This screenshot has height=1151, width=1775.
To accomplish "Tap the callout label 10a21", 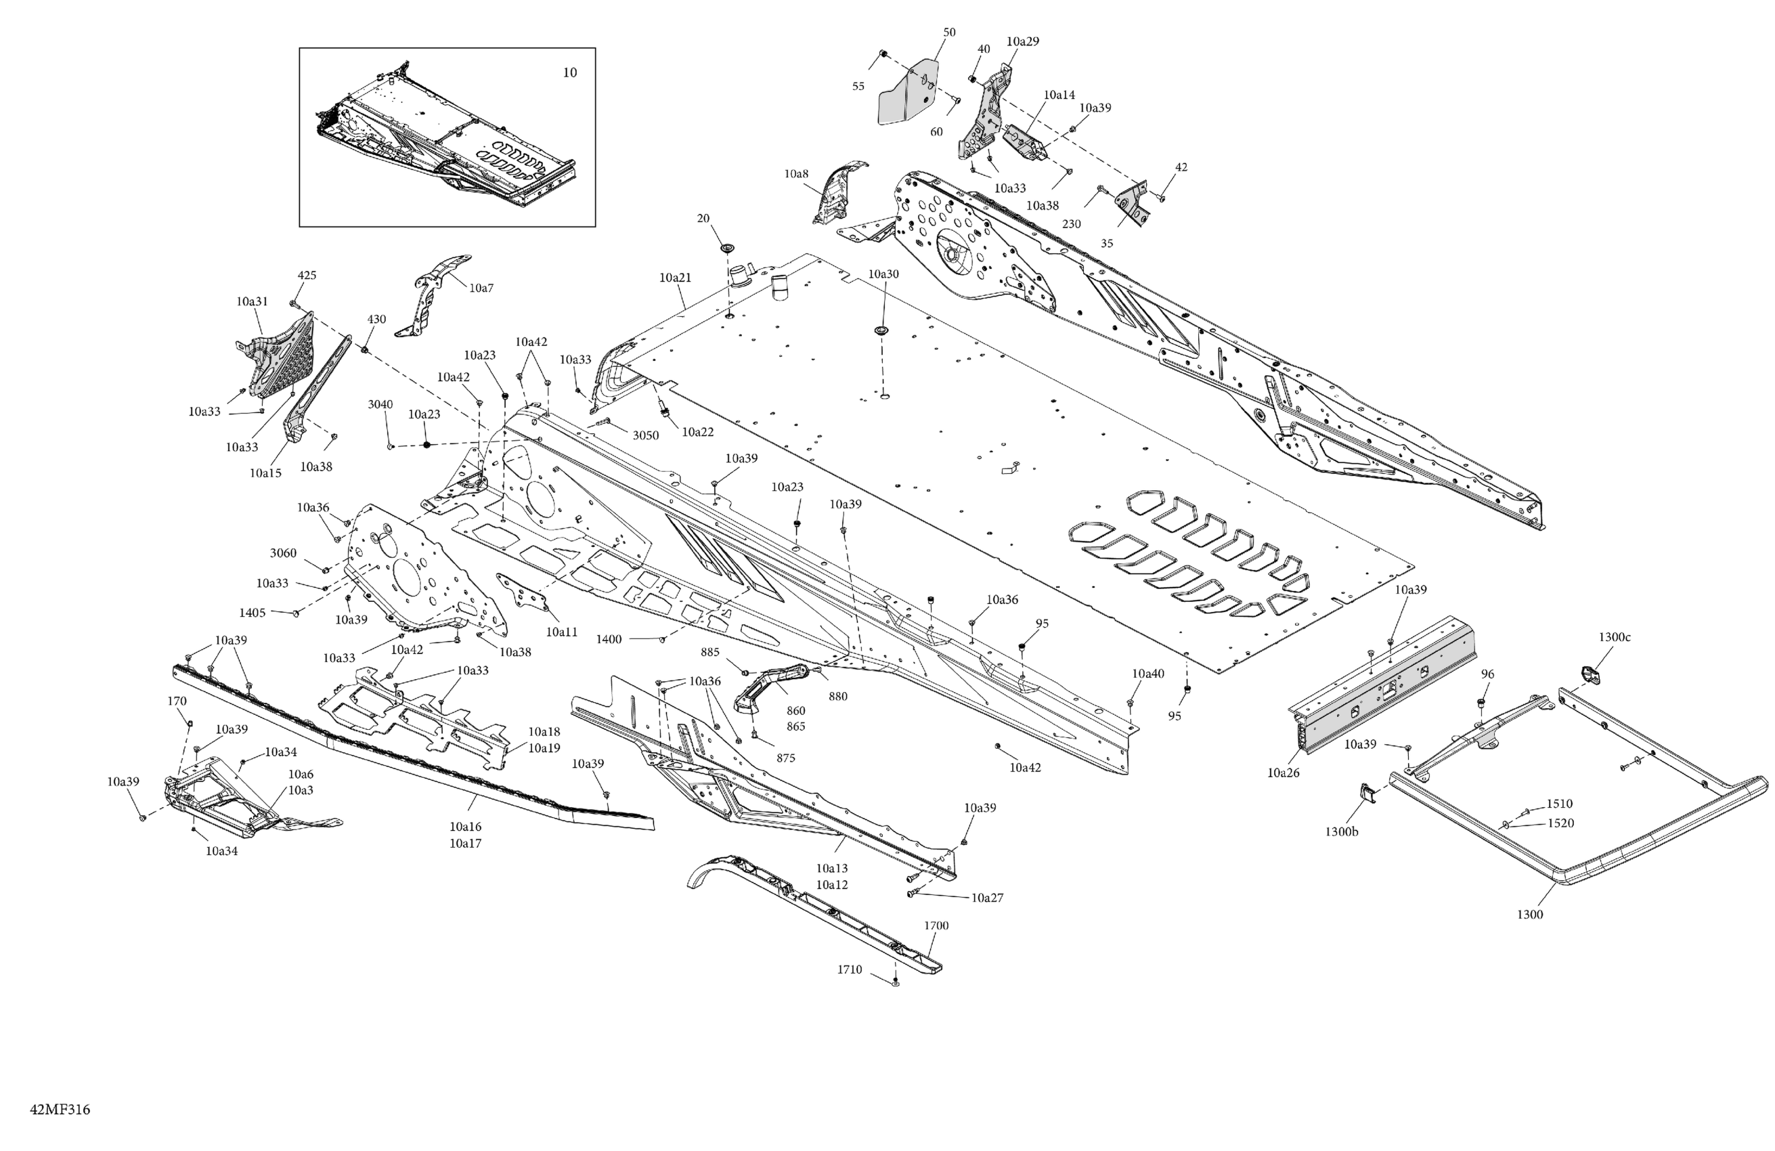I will coord(675,278).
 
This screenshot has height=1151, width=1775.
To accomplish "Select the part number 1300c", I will coord(1614,637).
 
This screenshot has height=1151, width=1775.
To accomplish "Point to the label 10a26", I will coord(1283,773).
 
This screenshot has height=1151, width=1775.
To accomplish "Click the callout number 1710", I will coord(850,970).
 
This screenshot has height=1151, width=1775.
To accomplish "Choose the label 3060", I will coord(283,552).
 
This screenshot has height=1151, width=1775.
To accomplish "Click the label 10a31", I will coord(252,301).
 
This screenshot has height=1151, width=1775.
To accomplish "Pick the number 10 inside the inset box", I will coord(569,72).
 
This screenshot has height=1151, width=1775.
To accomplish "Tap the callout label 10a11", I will coord(562,632).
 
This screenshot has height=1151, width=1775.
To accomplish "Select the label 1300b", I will coord(1342,831).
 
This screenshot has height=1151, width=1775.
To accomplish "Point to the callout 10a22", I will coord(697,432).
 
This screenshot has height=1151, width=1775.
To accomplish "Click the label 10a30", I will coord(883,274).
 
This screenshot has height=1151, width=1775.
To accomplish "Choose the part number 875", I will coord(785,758).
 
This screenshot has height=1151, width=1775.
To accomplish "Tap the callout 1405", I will coord(252,613).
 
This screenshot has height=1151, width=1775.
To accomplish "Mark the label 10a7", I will coord(481,287).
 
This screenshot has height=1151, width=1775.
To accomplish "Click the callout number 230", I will coord(1071,224).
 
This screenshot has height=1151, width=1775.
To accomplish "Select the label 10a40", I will coord(1147,674).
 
